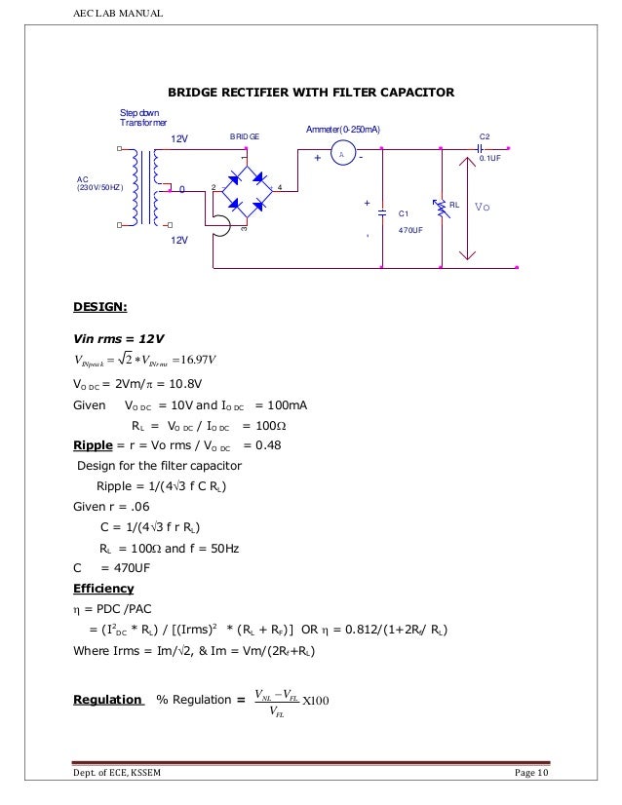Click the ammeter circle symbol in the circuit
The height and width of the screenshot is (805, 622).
click(342, 156)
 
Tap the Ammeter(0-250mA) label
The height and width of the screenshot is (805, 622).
click(343, 130)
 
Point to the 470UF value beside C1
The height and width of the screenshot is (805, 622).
click(409, 230)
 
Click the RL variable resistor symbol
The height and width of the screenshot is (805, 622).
click(443, 206)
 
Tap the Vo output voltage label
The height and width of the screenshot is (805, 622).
click(483, 207)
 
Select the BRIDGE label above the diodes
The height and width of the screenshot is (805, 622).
click(245, 138)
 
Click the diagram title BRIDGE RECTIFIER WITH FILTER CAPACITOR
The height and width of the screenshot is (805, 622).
click(312, 93)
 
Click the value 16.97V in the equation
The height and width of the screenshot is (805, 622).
click(213, 364)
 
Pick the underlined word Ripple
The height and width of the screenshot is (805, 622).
click(93, 446)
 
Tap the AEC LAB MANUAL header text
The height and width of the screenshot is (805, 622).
click(117, 13)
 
